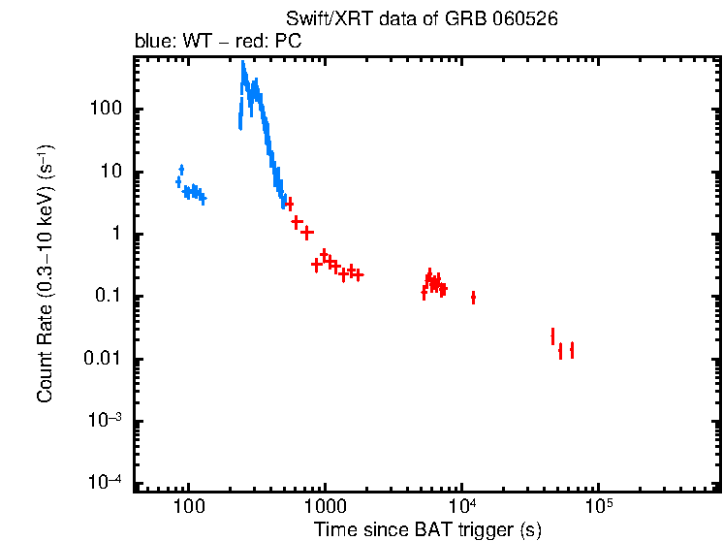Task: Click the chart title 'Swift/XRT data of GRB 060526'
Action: pos(422,19)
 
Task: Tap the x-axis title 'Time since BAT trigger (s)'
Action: pos(426,529)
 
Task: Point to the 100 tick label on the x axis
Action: pos(188,506)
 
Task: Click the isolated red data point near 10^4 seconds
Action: pos(473,298)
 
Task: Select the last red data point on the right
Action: pos(572,350)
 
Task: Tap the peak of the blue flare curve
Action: pos(243,66)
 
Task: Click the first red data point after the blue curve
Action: pos(290,204)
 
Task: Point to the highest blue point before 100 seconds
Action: pos(181,170)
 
